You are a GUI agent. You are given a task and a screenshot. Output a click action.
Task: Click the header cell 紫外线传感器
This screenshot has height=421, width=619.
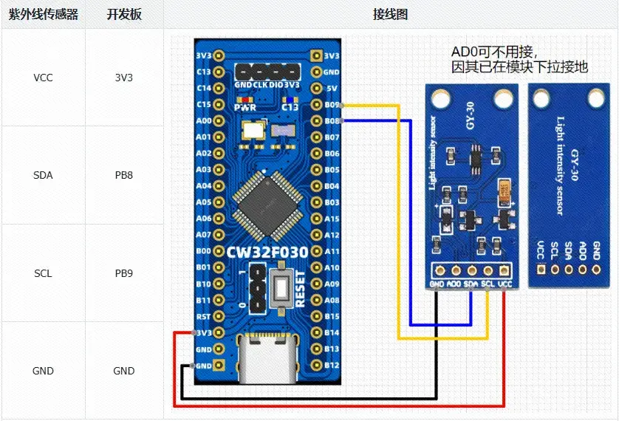click(43, 14)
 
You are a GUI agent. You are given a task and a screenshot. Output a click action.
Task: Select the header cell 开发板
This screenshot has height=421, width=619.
click(123, 14)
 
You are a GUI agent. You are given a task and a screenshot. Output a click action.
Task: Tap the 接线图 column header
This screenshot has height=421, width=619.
click(390, 14)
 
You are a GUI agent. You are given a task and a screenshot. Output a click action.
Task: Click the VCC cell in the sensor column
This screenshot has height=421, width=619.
click(43, 78)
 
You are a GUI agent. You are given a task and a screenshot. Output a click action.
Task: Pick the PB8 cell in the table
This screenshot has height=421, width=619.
click(123, 175)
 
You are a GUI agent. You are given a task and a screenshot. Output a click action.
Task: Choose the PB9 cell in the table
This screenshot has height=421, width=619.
click(123, 273)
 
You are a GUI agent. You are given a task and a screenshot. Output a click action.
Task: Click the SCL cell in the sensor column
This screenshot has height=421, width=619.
click(43, 273)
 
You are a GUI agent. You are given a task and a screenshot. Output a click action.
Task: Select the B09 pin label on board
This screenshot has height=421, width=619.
click(332, 105)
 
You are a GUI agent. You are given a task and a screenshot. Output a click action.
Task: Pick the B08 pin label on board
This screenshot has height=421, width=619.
click(332, 121)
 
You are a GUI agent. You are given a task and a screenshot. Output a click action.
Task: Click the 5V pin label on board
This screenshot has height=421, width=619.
click(332, 89)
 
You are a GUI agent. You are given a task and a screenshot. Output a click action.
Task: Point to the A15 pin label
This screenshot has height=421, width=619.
click(332, 219)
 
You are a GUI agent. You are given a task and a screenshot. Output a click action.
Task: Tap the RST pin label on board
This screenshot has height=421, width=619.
click(204, 316)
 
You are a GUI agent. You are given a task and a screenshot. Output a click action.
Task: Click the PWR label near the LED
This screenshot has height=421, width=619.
click(244, 106)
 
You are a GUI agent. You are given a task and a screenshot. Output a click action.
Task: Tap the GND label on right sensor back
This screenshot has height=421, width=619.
click(596, 250)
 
